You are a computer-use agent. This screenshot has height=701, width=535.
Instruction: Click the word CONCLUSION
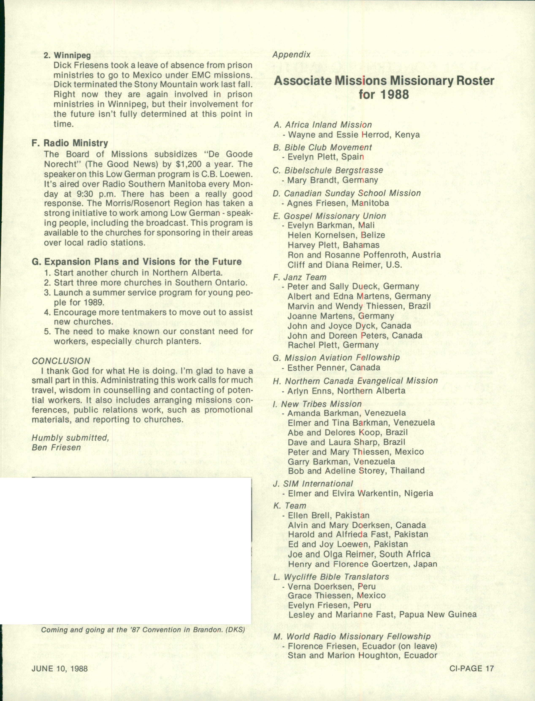pos(61,361)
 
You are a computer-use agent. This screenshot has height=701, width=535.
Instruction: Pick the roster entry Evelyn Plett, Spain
pos(325,157)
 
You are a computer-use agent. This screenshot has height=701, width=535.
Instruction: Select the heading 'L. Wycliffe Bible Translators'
pos(331,577)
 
